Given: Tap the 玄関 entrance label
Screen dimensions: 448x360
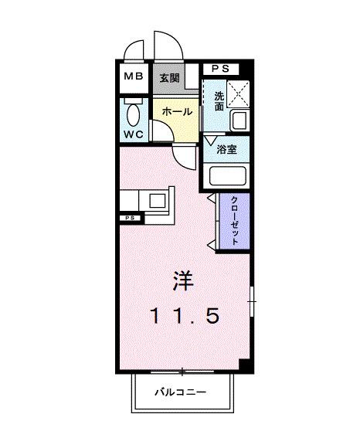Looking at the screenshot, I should click(x=170, y=78).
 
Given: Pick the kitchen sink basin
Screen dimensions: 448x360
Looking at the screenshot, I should click(x=158, y=201).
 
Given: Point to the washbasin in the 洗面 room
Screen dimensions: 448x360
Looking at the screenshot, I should click(x=238, y=121).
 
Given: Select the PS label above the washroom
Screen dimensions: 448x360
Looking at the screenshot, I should click(x=220, y=68).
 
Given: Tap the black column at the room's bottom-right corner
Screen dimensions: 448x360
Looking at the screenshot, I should click(x=244, y=365).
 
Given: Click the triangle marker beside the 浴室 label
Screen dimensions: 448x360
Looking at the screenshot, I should click(x=209, y=141).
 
